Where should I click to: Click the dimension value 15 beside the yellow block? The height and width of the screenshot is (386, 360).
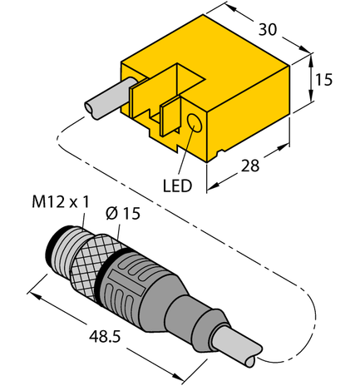[x=325, y=80]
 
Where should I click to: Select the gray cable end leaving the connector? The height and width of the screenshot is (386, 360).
[x=237, y=343]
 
